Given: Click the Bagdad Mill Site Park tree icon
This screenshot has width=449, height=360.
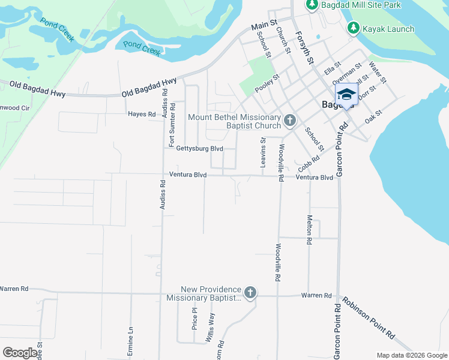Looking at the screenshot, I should click(x=312, y=5).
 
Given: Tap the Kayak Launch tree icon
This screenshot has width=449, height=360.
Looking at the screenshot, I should click(x=354, y=28).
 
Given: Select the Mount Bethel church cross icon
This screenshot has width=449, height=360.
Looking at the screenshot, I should click(x=289, y=121).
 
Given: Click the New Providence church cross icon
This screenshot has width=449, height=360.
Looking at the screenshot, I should click(x=250, y=293).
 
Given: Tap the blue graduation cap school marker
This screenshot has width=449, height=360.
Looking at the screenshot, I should click(x=346, y=94).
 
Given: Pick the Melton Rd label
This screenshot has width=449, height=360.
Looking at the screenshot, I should click(x=310, y=229).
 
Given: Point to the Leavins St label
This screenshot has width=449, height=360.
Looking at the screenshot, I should click(x=263, y=152).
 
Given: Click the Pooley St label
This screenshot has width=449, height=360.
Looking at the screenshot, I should click(x=267, y=83).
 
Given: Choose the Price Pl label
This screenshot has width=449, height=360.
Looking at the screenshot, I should click(x=194, y=319).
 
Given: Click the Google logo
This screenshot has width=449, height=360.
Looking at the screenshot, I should click(x=19, y=353).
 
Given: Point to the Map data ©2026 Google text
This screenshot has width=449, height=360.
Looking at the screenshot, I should click(x=411, y=355).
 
